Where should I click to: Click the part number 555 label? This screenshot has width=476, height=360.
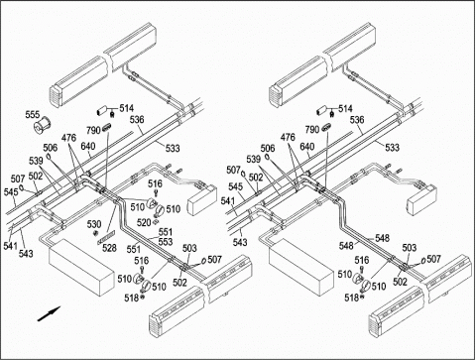coord(33,115)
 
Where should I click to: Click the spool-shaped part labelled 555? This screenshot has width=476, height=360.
coord(42,125)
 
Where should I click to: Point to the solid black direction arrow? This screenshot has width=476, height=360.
coord(49,313)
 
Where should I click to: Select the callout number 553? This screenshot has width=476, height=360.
coord(166,242)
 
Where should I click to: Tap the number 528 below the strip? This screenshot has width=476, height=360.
coord(109,248)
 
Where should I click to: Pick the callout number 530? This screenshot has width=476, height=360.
coord(94,224)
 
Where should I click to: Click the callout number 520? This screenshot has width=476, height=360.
coord(144,222)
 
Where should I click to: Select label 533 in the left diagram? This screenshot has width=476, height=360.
coord(173,148)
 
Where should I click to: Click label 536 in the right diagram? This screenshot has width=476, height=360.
coord(357,120)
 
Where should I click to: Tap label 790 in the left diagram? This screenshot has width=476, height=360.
coord(93,130)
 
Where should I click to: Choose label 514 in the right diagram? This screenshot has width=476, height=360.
coord(345,109)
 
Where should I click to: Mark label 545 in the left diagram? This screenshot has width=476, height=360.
coord(11,192)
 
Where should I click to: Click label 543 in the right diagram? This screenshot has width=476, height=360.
coord(240,242)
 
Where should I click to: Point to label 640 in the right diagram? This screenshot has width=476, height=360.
coord(307,147)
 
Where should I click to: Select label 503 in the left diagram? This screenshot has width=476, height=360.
coord(189,248)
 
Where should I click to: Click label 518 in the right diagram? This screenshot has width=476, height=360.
coord(351,298)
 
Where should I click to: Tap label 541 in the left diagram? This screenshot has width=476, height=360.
coord(11,246)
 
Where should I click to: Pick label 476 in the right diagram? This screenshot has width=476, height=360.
coord(288,137)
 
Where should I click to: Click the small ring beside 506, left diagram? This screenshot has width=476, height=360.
coord(49,156)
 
